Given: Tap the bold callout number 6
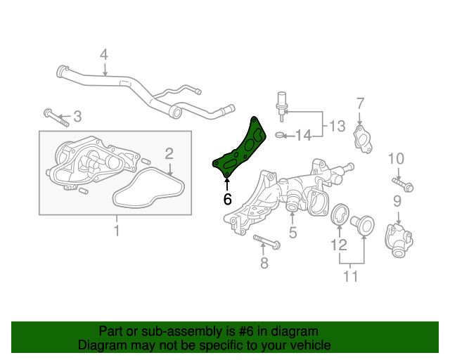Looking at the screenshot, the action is coord(227,199).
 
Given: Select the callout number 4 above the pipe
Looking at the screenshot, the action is coord(104,55).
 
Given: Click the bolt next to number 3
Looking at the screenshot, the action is coord(56,117).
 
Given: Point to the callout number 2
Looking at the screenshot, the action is coord(169,153).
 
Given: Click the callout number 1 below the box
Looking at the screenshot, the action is coord(117,231).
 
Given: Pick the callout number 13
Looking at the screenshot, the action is coord(337,126).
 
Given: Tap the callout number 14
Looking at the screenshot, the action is coord(303,135).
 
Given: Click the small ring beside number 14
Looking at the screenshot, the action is coord(280,134).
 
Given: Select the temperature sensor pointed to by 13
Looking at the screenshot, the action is coord(282,106).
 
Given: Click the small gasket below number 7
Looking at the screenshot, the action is coord(363,139).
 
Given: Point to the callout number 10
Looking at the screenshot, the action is coord(396,158).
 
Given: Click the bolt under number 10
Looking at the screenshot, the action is coord(402,185).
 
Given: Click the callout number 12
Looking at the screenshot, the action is coord(339,245).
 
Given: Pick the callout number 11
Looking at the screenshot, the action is coord(350,276).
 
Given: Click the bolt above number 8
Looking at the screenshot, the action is coord(266,242).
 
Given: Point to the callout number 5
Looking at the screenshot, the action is coord(292,232).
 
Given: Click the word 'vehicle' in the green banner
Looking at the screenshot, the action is coord(311,345).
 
